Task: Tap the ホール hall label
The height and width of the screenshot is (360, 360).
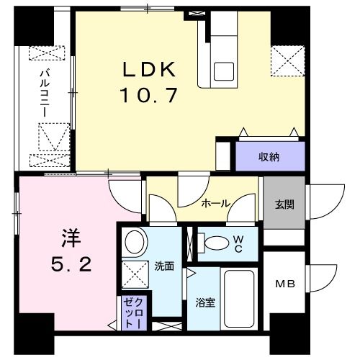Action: [215, 204]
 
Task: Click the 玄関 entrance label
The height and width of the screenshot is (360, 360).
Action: [283, 204]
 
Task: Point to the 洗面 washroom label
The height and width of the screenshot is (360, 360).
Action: [164, 266]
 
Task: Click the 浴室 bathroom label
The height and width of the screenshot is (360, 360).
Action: [205, 302]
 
